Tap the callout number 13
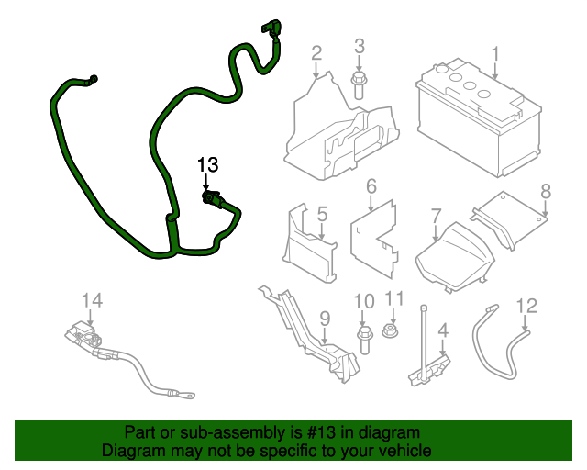pyautogui.click(x=208, y=165)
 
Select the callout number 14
pyautogui.click(x=93, y=300)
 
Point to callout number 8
pyautogui.click(x=545, y=191)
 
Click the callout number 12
pyautogui.click(x=526, y=305)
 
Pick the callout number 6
pyautogui.click(x=371, y=187)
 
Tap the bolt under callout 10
pyautogui.click(x=364, y=336)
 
